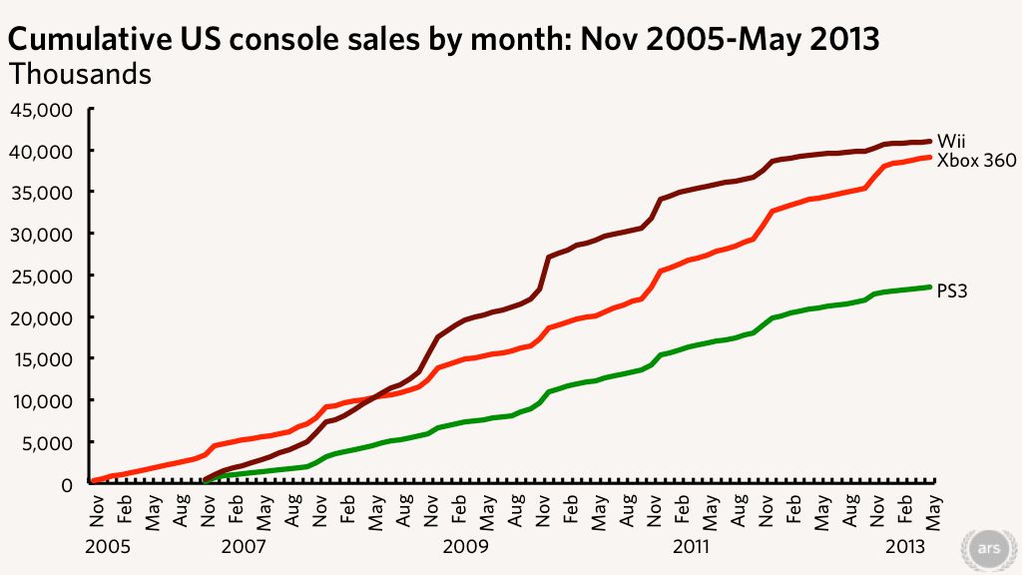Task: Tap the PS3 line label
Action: (953, 291)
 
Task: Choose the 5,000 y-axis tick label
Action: (50, 442)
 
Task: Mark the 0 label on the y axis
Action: (66, 484)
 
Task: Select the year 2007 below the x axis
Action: (242, 547)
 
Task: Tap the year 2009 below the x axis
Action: (466, 547)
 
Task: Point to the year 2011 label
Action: (691, 547)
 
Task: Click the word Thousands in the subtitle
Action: (80, 73)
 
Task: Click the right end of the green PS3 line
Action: (930, 287)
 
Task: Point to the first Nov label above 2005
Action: (98, 508)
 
